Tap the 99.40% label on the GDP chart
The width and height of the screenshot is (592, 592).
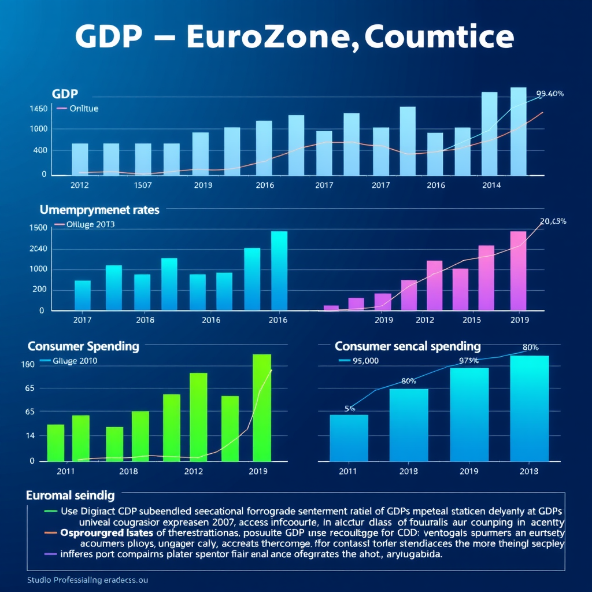(x=550, y=93)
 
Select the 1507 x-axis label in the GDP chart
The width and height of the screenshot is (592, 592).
(x=143, y=185)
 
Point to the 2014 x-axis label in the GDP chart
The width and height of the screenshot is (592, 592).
(x=491, y=185)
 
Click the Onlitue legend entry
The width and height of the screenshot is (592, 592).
(x=83, y=108)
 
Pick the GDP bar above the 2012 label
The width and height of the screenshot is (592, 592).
(x=80, y=159)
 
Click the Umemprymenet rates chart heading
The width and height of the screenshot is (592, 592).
(x=99, y=210)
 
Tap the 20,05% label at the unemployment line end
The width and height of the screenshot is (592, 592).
(x=553, y=221)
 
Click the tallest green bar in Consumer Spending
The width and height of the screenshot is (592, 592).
(x=262, y=407)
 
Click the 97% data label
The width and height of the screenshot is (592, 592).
(x=468, y=361)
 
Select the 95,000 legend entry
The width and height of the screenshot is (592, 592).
(x=365, y=360)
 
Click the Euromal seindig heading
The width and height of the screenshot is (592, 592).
(x=70, y=495)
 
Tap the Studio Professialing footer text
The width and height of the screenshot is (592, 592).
(x=87, y=580)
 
